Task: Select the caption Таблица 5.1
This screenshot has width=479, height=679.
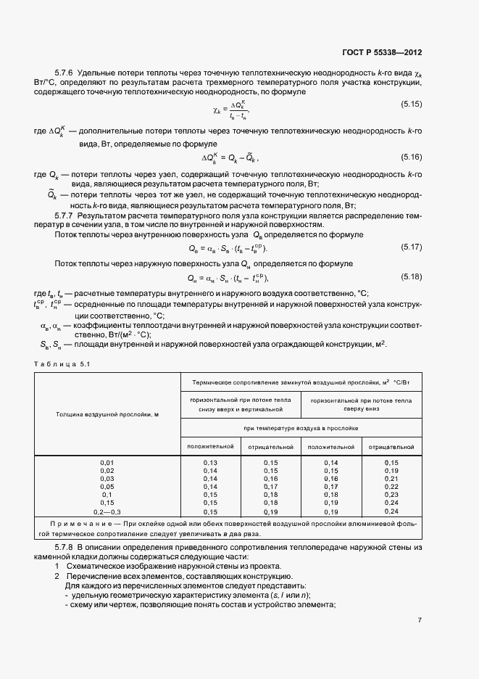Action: (x=62, y=363)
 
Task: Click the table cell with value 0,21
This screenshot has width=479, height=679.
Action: (x=391, y=479)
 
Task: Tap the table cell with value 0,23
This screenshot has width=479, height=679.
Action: (x=391, y=495)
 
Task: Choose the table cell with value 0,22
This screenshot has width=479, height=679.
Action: (x=391, y=487)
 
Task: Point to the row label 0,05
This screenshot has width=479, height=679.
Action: (x=107, y=487)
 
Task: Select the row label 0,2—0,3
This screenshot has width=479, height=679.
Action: (x=107, y=511)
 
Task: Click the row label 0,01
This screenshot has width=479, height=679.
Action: (x=107, y=462)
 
